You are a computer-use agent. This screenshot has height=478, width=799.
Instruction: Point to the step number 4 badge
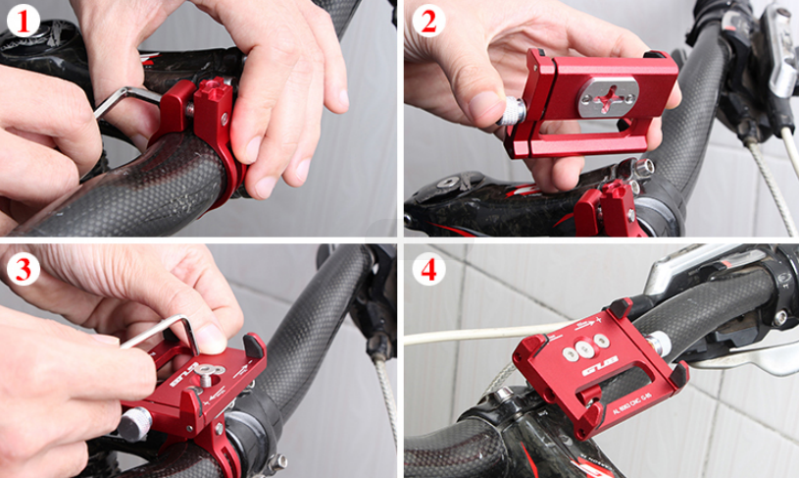tap(424, 268)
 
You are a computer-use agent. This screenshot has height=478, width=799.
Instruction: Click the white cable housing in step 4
tap(471, 337)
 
